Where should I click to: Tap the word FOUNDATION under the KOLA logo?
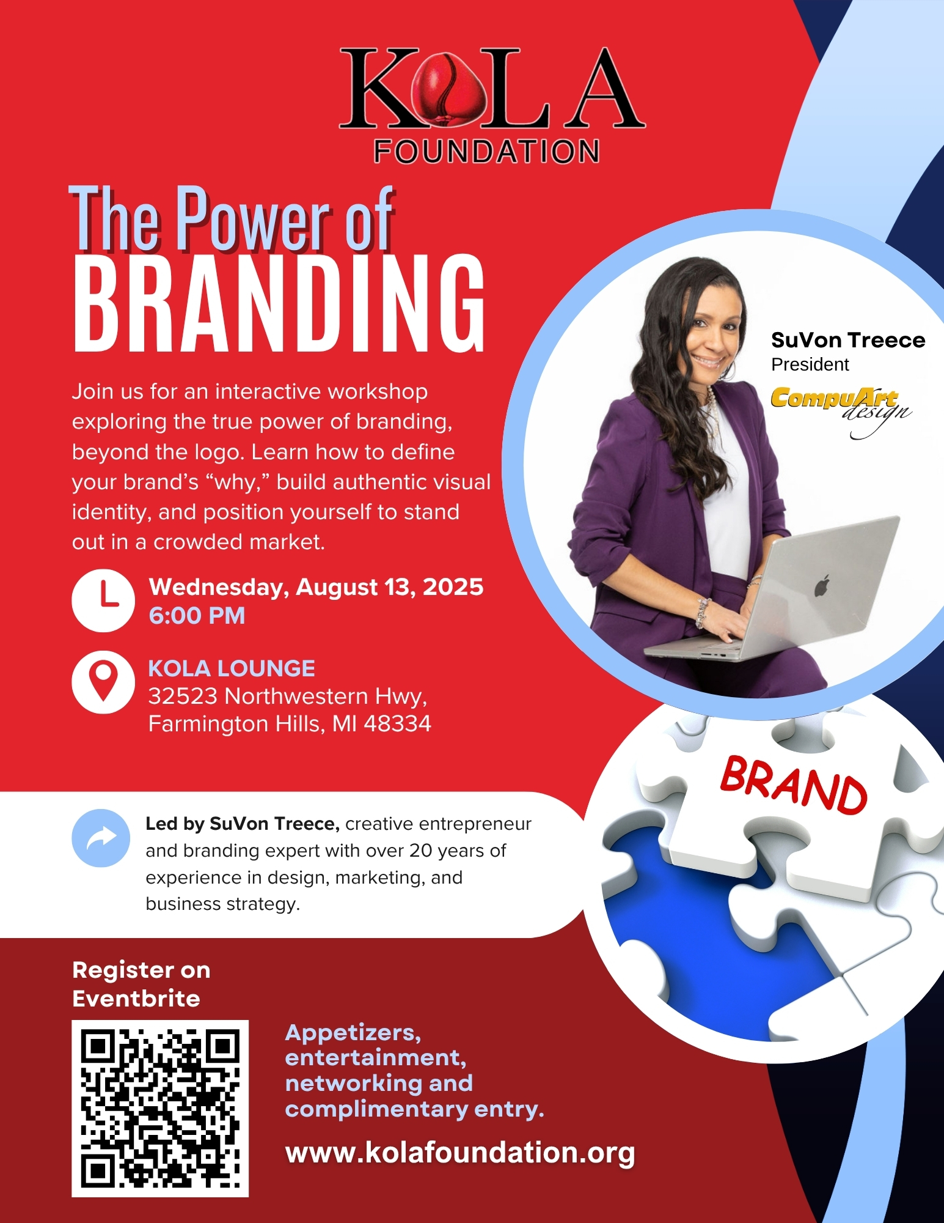click(x=486, y=152)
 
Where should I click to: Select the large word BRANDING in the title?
click(x=279, y=303)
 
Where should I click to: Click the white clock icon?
click(x=103, y=601)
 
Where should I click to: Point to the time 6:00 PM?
click(x=197, y=615)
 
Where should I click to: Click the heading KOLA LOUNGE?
click(x=232, y=668)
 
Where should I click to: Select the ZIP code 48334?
click(x=398, y=724)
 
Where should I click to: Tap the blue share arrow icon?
click(x=101, y=838)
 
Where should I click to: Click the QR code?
click(x=160, y=1108)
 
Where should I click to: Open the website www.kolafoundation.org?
click(x=460, y=1153)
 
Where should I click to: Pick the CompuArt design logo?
click(x=841, y=410)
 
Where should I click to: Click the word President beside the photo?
click(x=810, y=364)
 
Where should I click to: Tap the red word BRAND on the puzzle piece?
click(x=793, y=785)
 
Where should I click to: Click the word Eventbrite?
click(x=136, y=999)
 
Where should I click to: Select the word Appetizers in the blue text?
click(x=353, y=1033)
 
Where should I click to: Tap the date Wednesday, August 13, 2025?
click(x=316, y=587)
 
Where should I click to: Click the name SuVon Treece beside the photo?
click(x=848, y=340)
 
